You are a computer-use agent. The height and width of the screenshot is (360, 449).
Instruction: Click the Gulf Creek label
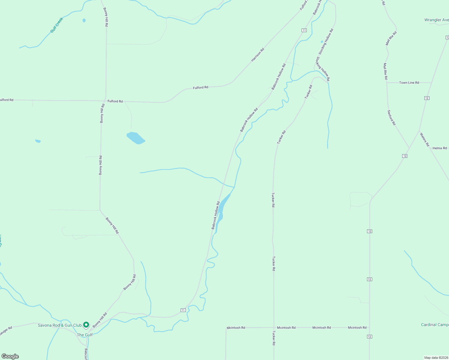click(x=57, y=25)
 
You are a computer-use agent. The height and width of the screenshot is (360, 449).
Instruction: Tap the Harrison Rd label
click(x=258, y=55)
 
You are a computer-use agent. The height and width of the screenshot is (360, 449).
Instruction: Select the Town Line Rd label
click(x=409, y=82)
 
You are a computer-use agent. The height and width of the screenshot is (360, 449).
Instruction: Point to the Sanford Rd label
click(x=391, y=118)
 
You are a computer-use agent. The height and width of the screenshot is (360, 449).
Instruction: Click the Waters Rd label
click(x=424, y=139)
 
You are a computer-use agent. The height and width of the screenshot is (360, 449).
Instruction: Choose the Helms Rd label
click(x=440, y=148)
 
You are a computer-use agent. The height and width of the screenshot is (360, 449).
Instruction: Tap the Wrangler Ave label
click(x=436, y=20)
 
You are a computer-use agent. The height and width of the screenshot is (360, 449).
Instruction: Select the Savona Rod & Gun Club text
click(x=60, y=325)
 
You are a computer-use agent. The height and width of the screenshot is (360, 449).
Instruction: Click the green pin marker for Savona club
click(x=86, y=325)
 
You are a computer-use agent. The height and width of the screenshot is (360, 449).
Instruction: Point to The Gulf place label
click(x=85, y=335)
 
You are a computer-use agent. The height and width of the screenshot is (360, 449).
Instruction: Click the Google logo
click(x=10, y=356)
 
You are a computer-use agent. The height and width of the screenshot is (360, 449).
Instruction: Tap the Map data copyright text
click(x=436, y=358)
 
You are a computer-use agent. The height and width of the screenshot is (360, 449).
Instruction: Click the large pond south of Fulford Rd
click(x=136, y=138)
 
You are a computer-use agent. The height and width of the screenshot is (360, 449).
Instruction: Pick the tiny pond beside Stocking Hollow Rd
click(x=322, y=42)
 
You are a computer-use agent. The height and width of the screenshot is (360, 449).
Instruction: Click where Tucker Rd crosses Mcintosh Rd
click(x=273, y=328)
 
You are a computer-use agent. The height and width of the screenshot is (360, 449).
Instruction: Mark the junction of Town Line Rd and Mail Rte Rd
click(x=387, y=82)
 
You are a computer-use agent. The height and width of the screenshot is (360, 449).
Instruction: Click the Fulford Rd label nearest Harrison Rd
click(x=200, y=88)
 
